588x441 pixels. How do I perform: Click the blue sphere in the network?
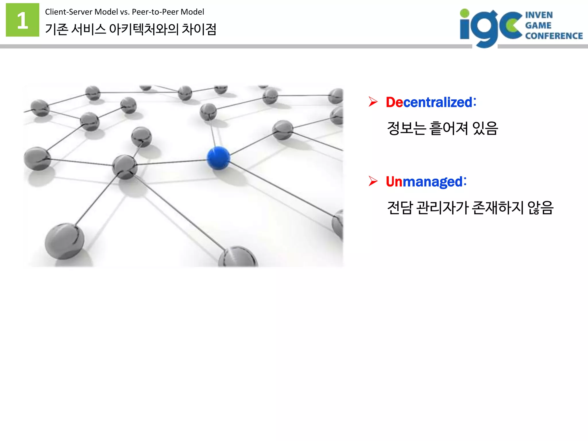coord(218,158)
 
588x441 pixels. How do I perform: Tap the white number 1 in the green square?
coord(22,20)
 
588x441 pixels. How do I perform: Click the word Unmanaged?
coord(424,182)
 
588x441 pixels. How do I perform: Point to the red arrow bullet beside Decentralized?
coord(373,102)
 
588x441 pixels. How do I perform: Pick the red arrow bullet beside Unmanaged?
coord(373,181)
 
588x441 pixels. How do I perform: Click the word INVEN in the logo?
coord(539,15)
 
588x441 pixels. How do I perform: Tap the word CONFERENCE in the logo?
coord(554,36)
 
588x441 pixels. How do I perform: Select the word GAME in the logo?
coord(538,25)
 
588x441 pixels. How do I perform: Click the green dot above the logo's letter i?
coord(465,13)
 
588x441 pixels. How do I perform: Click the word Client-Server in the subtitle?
coord(69,12)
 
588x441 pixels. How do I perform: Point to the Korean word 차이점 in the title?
coord(199,29)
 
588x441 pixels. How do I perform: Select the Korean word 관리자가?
coord(442,208)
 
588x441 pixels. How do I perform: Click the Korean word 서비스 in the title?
coord(88,29)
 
